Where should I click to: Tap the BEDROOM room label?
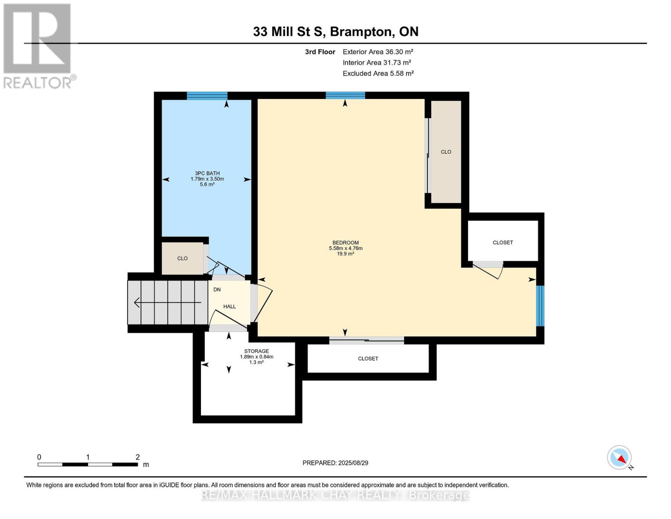click(345, 243)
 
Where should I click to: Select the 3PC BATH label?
click(207, 173)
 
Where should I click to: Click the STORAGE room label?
click(256, 351)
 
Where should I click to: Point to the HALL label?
click(229, 307)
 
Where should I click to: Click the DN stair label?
click(217, 290)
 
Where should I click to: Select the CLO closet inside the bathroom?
click(182, 259)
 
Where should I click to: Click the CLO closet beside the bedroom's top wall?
click(446, 152)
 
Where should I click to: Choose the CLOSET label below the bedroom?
click(368, 359)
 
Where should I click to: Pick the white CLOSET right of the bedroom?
click(502, 243)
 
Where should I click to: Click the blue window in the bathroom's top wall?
click(207, 96)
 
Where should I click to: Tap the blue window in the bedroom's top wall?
click(345, 96)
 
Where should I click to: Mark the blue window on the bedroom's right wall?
click(540, 305)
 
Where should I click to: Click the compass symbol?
click(620, 458)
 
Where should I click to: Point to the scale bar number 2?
click(138, 457)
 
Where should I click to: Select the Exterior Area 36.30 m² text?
click(378, 52)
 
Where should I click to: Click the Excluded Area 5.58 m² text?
click(378, 74)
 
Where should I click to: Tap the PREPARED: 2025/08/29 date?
click(335, 463)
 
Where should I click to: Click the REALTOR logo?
click(38, 45)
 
